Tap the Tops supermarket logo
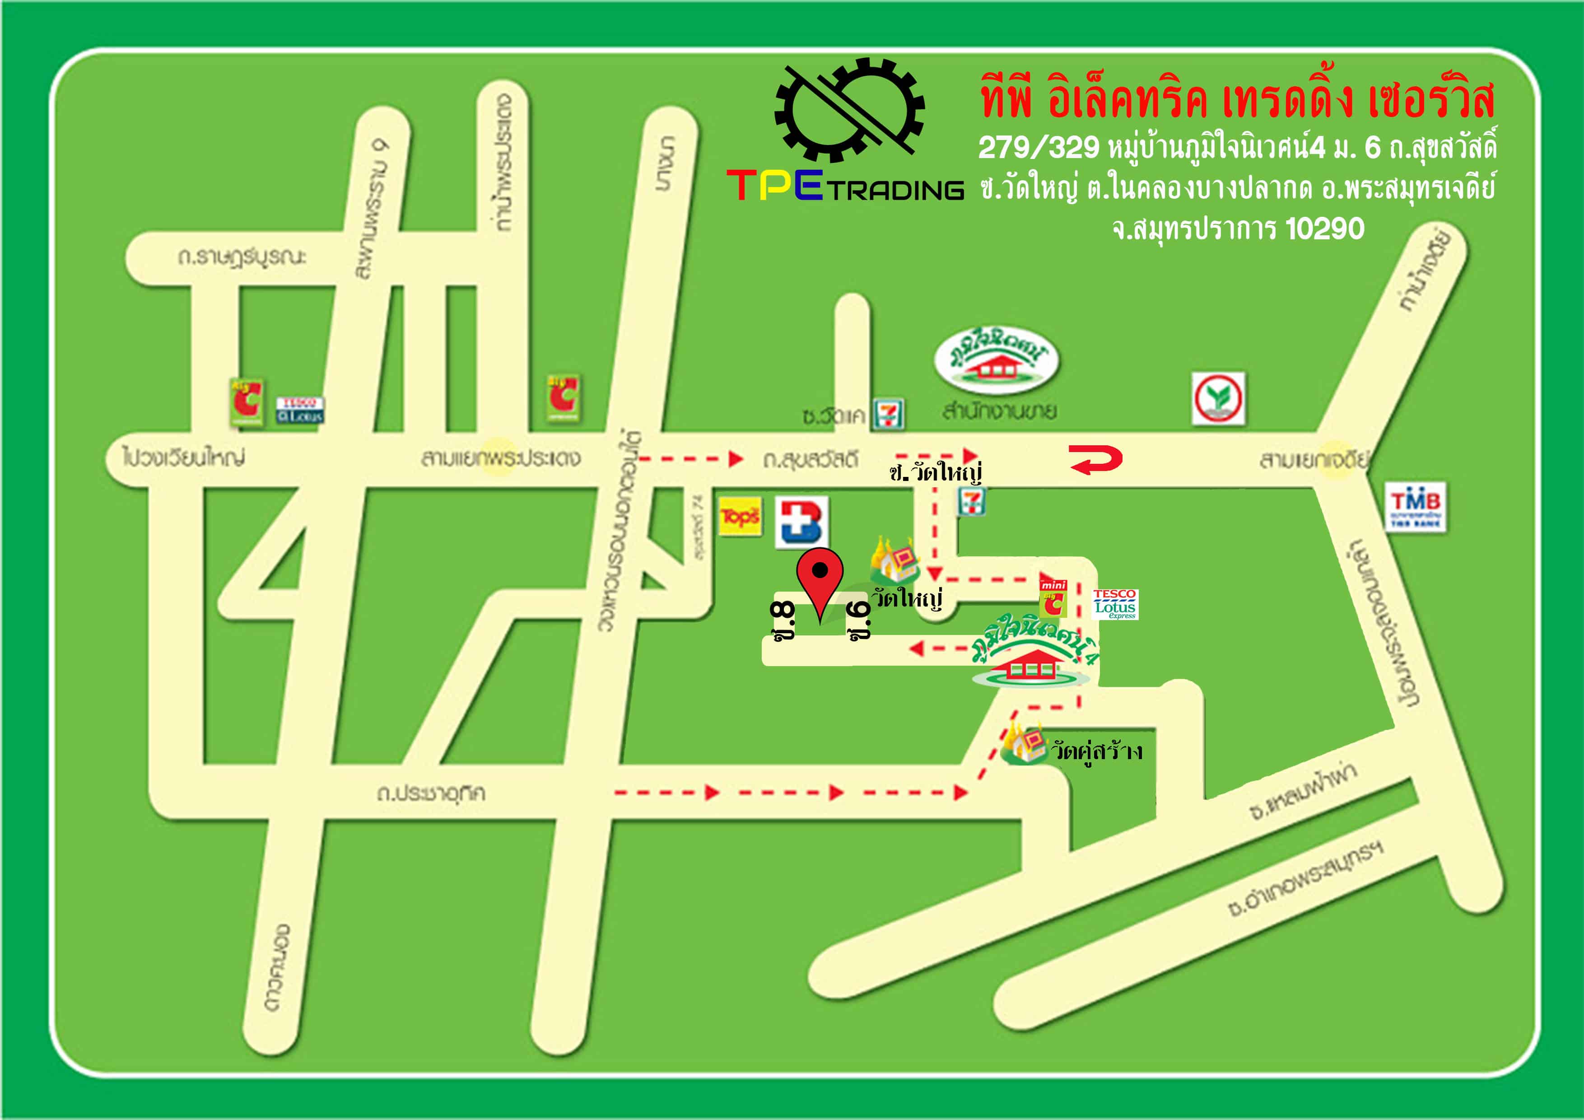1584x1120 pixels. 740,516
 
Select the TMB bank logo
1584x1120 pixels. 1415,507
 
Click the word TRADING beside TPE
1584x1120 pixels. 895,190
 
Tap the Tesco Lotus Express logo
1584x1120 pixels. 1115,604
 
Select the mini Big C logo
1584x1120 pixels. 1053,597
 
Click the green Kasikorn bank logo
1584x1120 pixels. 1218,398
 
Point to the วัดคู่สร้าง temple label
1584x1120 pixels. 1095,751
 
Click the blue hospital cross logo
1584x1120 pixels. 801,523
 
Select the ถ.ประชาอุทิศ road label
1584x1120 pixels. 430,793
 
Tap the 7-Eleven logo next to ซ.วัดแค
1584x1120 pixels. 887,414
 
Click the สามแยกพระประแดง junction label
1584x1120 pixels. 500,457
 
